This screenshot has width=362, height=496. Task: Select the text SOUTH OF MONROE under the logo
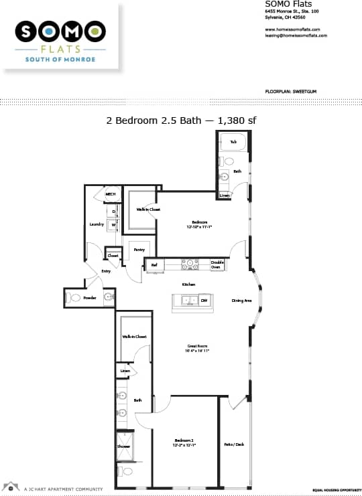point(60,60)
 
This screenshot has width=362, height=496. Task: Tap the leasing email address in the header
point(296,35)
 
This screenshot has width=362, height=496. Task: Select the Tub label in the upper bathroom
point(233,142)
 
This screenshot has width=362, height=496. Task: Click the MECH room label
point(111,195)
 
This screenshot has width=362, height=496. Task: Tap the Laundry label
point(97,224)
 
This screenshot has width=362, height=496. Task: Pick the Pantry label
point(139,250)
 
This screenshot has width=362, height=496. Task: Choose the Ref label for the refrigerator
point(154,265)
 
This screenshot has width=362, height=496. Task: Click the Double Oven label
point(217,264)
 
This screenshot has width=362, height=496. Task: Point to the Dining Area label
point(241,301)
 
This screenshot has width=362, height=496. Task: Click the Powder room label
point(90,297)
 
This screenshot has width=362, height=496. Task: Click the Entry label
point(106,271)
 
